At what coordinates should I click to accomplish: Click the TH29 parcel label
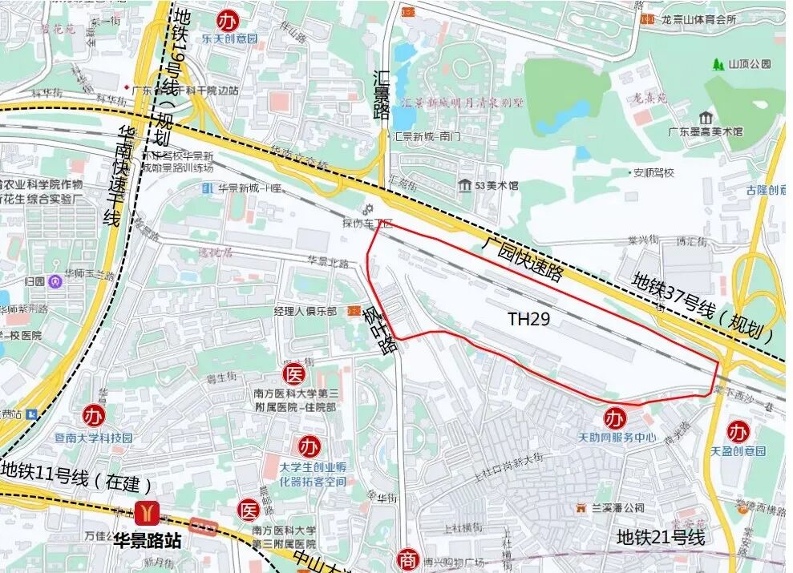point(528,320)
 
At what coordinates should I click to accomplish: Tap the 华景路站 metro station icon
point(147,513)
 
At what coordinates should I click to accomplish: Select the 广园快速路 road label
point(522,260)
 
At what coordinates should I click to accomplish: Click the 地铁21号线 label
point(661,538)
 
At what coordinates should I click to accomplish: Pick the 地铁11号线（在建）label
point(76,481)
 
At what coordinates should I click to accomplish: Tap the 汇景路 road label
point(382,95)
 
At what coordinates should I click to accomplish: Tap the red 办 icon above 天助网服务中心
point(615,418)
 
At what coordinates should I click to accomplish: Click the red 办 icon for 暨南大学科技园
point(95,416)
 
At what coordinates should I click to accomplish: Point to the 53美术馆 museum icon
point(464,186)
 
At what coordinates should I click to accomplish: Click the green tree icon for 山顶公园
point(717,63)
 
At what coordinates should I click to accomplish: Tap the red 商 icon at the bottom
point(409,559)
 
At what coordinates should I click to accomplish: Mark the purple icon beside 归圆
point(55,281)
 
